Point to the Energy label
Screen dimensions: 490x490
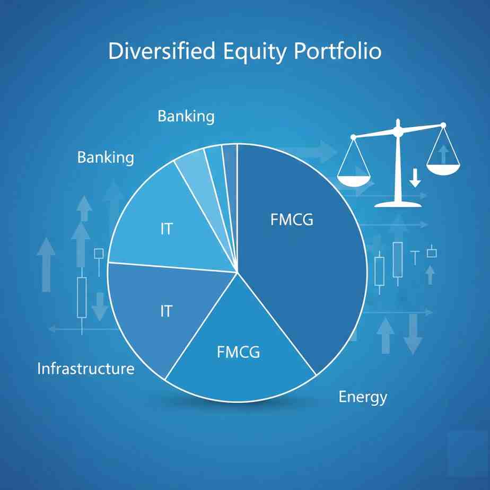(x=363, y=397)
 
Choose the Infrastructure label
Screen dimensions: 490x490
(x=85, y=369)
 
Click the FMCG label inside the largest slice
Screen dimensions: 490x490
(x=292, y=220)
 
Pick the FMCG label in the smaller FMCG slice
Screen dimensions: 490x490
(x=239, y=352)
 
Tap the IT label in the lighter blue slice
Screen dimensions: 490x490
(x=166, y=230)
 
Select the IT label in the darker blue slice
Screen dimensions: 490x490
(x=166, y=311)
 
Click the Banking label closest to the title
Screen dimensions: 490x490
(x=186, y=116)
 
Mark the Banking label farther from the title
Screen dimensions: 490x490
(x=106, y=157)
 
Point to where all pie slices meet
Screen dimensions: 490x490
(x=237, y=273)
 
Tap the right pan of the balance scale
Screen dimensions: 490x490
(x=443, y=169)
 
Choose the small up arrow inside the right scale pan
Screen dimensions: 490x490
(x=443, y=154)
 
